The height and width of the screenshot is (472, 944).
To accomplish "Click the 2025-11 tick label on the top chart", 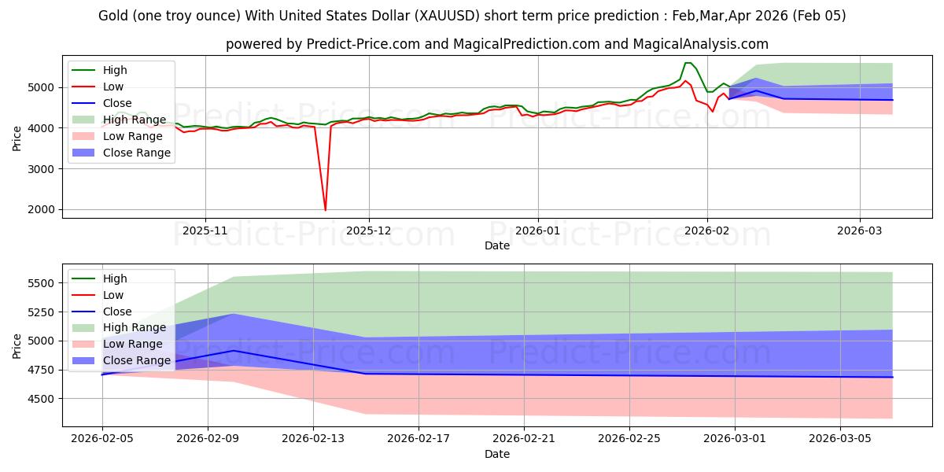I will coord(205,230).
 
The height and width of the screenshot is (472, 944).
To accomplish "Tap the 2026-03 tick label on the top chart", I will coord(859,230).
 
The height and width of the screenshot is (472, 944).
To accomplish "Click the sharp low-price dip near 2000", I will coord(325,210).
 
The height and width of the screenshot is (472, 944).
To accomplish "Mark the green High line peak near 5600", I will coord(688,63).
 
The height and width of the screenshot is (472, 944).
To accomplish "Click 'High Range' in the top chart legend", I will coord(135,120).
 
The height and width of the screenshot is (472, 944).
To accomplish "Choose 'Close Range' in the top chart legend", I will coord(137,153).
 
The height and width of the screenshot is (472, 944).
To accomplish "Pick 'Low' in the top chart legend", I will coord(113,87).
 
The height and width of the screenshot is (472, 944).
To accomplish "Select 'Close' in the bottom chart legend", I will coord(117,312).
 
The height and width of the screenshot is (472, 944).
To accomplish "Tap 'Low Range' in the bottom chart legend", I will coord(134,344).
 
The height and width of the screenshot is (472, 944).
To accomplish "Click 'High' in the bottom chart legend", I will coord(115,278).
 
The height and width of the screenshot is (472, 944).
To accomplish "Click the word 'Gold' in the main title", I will coord(115,16).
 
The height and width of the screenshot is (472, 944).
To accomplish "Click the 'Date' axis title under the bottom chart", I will coord(496,454).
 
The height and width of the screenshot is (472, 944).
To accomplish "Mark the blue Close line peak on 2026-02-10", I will coord(234,351).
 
